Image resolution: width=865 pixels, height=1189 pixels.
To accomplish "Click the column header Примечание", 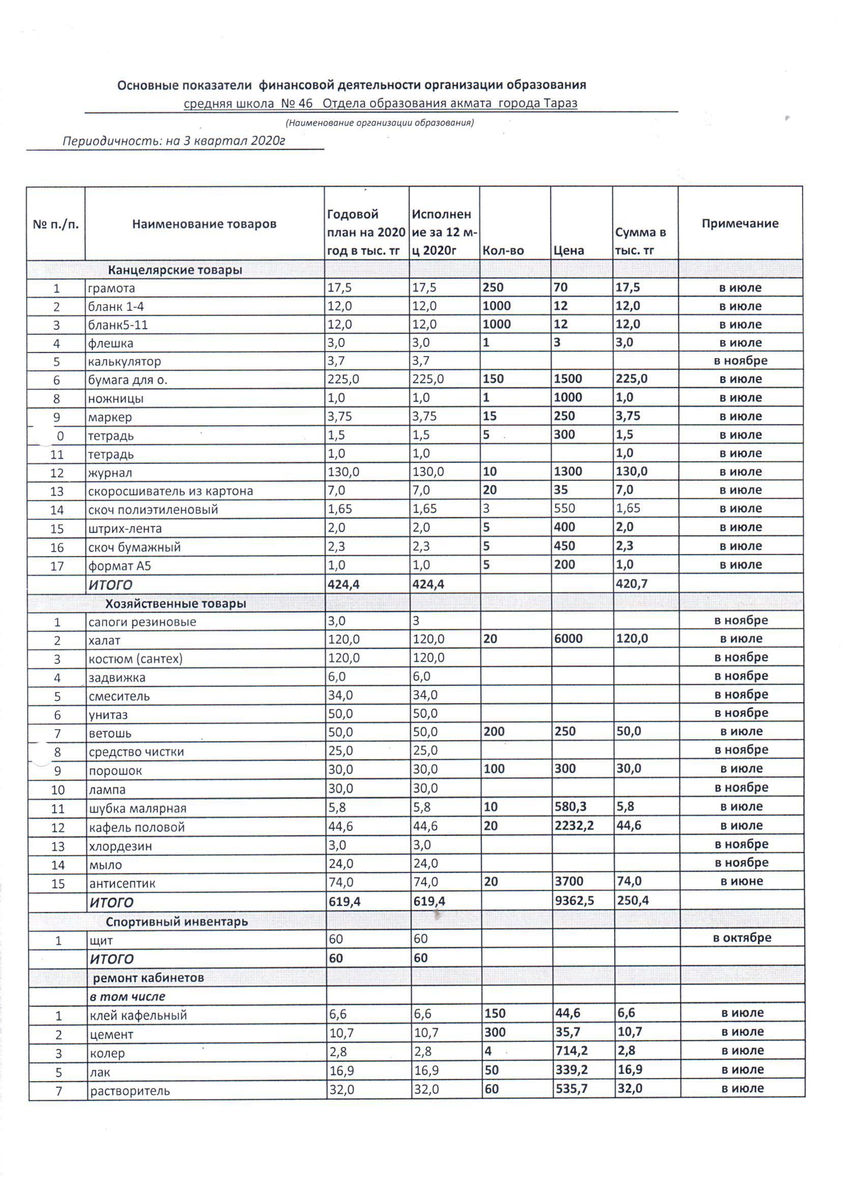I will pos(740,223).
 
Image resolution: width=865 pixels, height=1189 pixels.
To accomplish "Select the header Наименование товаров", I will pos(204,224).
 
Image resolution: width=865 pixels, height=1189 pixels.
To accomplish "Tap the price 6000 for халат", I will pos(568,639).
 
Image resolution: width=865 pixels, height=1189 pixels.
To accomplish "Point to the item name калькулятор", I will pos(124,362).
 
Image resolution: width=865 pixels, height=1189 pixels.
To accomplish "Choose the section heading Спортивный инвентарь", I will pos(177,921).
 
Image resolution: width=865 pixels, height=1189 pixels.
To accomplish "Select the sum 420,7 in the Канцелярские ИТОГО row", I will pos(632,584).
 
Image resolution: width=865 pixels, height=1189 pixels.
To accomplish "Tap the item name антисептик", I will pos(122,883).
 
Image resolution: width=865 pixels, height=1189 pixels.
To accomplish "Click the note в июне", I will pos(741,881).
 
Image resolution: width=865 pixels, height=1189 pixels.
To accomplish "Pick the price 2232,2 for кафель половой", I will pos(574,826).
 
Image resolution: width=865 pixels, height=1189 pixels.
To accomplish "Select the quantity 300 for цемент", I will pos(495,1033).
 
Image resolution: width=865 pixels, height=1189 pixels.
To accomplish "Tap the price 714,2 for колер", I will pos(572,1051).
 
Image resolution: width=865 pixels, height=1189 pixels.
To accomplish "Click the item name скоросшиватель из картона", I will pos(170,491).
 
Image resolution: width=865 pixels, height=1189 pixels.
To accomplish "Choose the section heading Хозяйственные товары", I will pos(176,603).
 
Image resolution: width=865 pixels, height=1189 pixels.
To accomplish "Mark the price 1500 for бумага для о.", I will pos(568,379).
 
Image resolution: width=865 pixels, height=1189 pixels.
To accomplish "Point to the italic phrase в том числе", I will pos(127,997).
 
